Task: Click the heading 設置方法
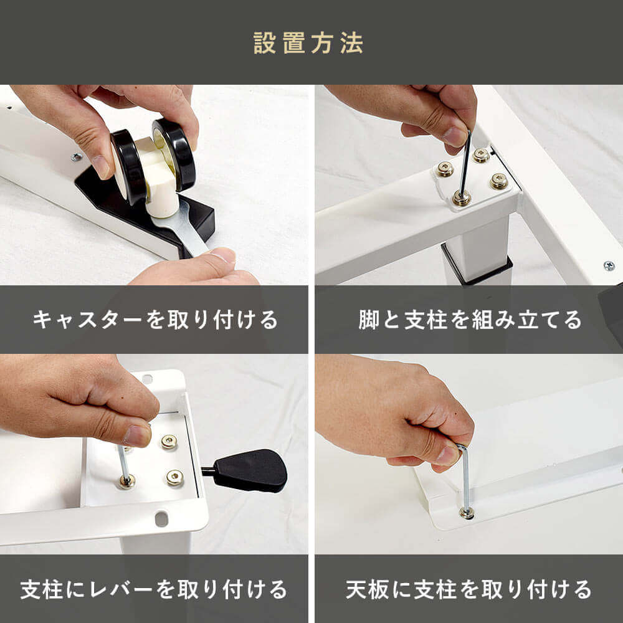308,43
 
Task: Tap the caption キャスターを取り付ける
155,320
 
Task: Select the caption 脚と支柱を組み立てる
470,320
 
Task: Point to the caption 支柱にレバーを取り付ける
154,589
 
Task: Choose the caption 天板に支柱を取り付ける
469,589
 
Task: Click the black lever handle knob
250,470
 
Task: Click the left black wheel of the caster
128,167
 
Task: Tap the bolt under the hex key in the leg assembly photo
461,197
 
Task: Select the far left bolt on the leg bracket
445,169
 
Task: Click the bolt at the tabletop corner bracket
467,513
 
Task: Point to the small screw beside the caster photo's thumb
76,157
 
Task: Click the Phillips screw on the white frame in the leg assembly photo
609,266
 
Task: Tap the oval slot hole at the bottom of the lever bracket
161,519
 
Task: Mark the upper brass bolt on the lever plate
169,442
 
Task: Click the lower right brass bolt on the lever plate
175,478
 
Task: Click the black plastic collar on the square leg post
477,265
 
